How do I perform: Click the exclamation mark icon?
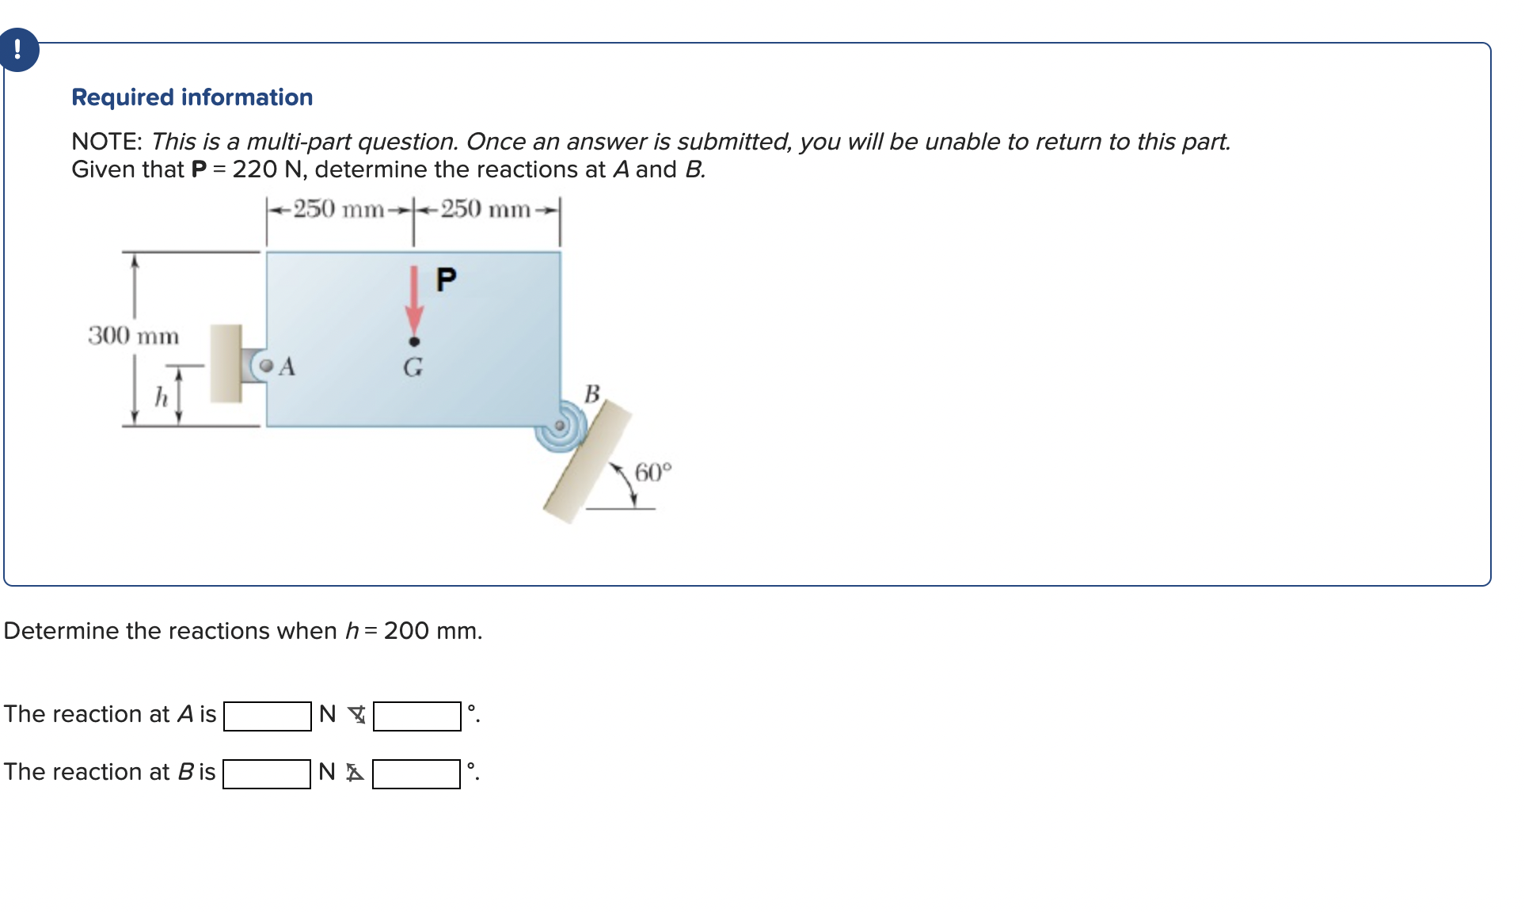[x=17, y=50]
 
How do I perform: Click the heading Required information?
[x=192, y=97]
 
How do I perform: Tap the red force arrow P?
[x=413, y=301]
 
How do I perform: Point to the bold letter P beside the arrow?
[x=447, y=279]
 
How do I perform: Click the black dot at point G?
[x=413, y=342]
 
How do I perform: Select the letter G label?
[x=413, y=367]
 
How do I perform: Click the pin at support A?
[x=267, y=366]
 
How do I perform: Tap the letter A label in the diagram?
[x=287, y=367]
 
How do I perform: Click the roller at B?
[x=560, y=427]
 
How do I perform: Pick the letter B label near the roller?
[x=592, y=393]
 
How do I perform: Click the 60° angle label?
[x=653, y=473]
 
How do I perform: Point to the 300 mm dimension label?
[x=134, y=336]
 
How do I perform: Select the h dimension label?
[x=162, y=397]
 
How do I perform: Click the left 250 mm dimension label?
[x=339, y=209]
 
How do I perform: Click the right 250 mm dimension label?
[x=485, y=209]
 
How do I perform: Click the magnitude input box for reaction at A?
[x=268, y=716]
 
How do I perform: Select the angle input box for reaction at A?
[x=416, y=716]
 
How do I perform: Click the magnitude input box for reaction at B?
[x=267, y=773]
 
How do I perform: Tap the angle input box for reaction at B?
[x=416, y=773]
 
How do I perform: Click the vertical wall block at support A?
[x=226, y=363]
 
